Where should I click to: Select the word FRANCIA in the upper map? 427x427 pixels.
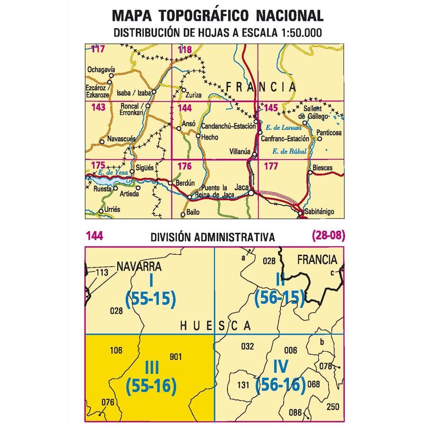[260, 87]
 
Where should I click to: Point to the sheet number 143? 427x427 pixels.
[98, 108]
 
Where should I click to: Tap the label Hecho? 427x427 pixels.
[210, 138]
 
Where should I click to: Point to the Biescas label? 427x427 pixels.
[323, 167]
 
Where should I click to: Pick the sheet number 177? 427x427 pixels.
[270, 166]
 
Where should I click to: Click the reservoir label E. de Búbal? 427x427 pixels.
[289, 152]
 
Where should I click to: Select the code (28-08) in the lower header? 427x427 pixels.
[328, 235]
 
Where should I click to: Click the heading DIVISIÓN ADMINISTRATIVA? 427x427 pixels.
[212, 237]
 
